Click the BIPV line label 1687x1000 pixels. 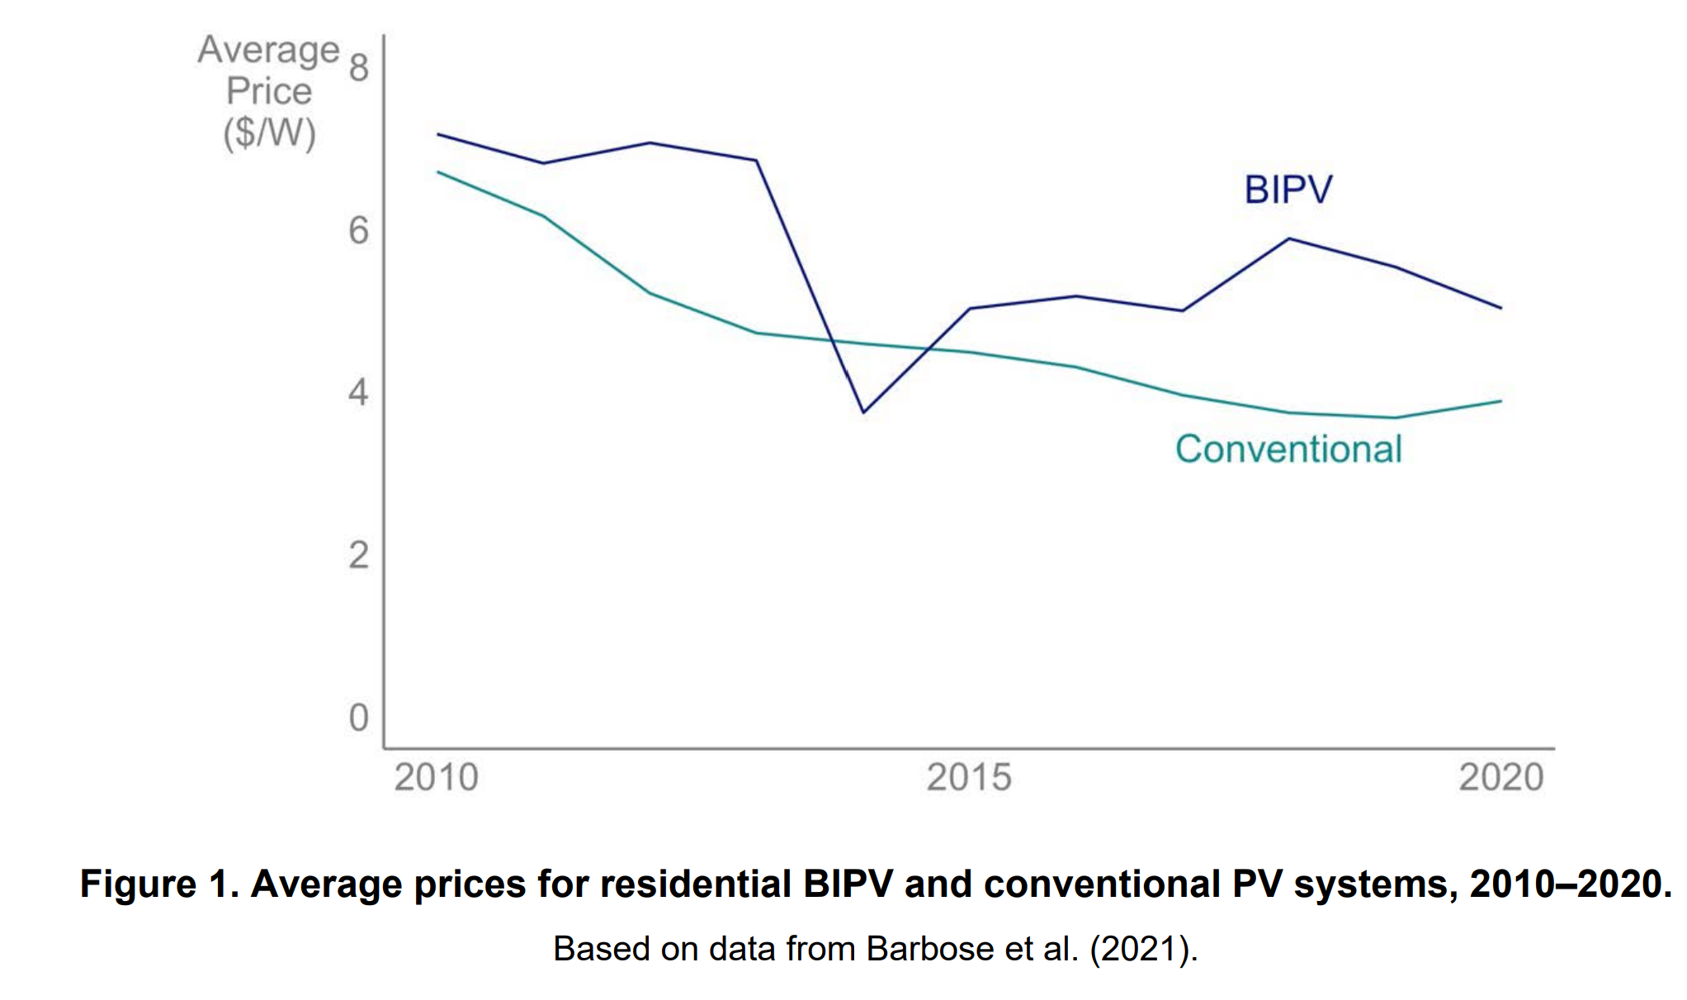coord(1288,190)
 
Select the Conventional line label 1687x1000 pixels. coord(1288,450)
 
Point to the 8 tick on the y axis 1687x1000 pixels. coord(358,67)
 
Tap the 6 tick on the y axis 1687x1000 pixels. coord(358,230)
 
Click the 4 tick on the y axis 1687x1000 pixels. coord(358,392)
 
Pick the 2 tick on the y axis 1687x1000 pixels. coord(358,555)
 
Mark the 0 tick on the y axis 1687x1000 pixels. coord(358,718)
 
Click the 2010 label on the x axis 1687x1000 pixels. coord(436,777)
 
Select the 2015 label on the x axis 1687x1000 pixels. coord(968,777)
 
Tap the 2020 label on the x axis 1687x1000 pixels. coord(1500,777)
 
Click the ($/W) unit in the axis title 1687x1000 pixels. coord(269,133)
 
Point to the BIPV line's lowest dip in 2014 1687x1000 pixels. coord(863,412)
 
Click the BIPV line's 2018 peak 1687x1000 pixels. coord(1289,239)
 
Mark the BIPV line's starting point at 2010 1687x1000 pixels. coord(438,134)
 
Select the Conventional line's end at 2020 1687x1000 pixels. coord(1500,402)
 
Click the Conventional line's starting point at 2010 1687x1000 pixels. coord(438,172)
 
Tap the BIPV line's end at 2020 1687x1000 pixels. coord(1500,308)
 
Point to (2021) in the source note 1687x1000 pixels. coord(1139,949)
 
